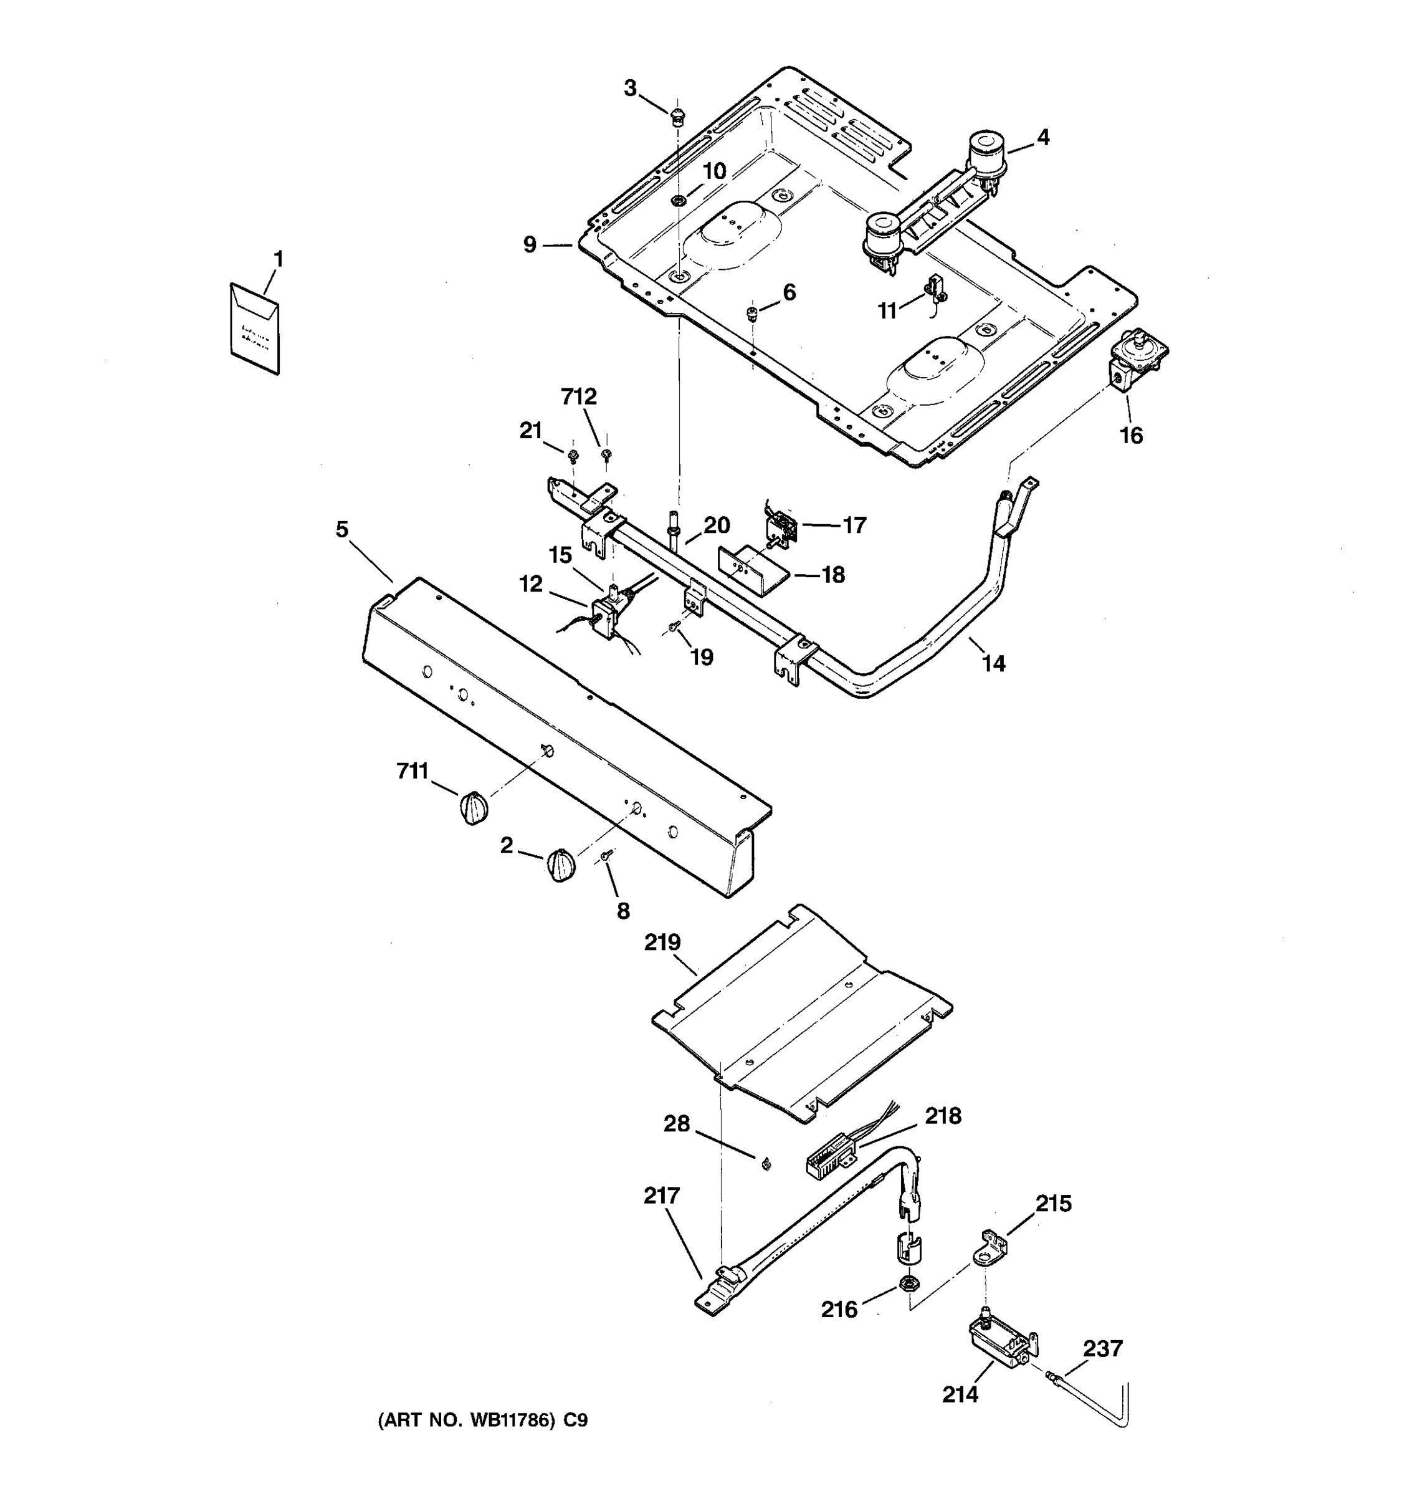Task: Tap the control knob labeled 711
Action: point(473,807)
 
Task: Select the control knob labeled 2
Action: point(561,865)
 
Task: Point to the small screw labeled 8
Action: point(607,855)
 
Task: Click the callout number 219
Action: point(662,942)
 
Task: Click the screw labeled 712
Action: point(606,454)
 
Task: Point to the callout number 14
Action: point(993,663)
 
